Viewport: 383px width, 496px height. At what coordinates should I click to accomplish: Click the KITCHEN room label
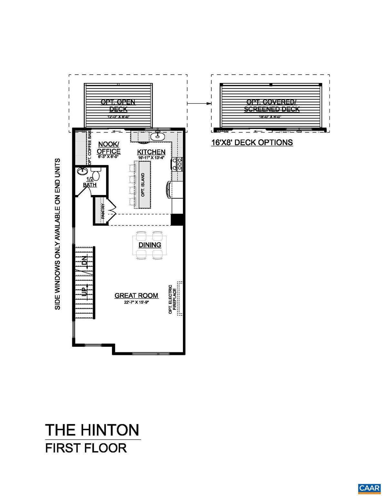point(151,152)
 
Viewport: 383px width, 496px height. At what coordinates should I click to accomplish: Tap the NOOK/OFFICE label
point(109,148)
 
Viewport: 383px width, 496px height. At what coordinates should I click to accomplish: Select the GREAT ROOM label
point(136,295)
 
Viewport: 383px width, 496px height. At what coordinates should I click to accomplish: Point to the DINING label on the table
point(150,245)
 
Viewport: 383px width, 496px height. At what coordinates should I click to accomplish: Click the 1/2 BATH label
point(90,182)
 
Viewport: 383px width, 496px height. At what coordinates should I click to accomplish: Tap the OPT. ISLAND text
point(143,185)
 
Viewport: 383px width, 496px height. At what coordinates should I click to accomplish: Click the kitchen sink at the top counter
point(157,136)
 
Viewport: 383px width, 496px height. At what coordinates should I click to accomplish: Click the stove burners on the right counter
point(178,164)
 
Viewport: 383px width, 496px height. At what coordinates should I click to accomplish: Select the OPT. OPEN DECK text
point(118,105)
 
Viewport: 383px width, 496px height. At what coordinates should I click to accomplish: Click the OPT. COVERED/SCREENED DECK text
point(272,106)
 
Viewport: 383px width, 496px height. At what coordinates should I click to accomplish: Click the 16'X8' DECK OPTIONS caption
point(252,142)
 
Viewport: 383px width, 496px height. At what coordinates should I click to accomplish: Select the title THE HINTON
point(92,430)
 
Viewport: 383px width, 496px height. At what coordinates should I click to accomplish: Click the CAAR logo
point(369,488)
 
